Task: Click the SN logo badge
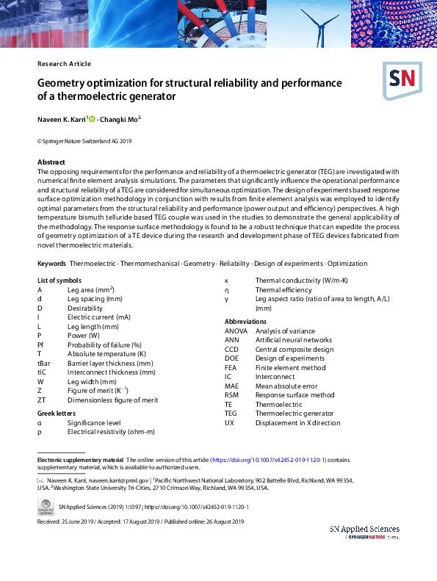(x=400, y=79)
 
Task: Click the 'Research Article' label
(x=64, y=64)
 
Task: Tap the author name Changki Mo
(x=120, y=118)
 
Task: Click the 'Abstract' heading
(x=51, y=162)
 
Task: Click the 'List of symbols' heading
(x=59, y=281)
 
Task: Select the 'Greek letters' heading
(x=57, y=414)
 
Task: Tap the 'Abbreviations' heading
(x=245, y=322)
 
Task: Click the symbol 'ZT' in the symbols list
(x=42, y=400)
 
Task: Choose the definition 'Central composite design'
(x=294, y=350)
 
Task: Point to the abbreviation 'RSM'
(x=231, y=395)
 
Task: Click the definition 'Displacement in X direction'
(x=297, y=423)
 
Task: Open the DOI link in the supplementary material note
(x=269, y=459)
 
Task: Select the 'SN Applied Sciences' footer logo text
(x=364, y=529)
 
